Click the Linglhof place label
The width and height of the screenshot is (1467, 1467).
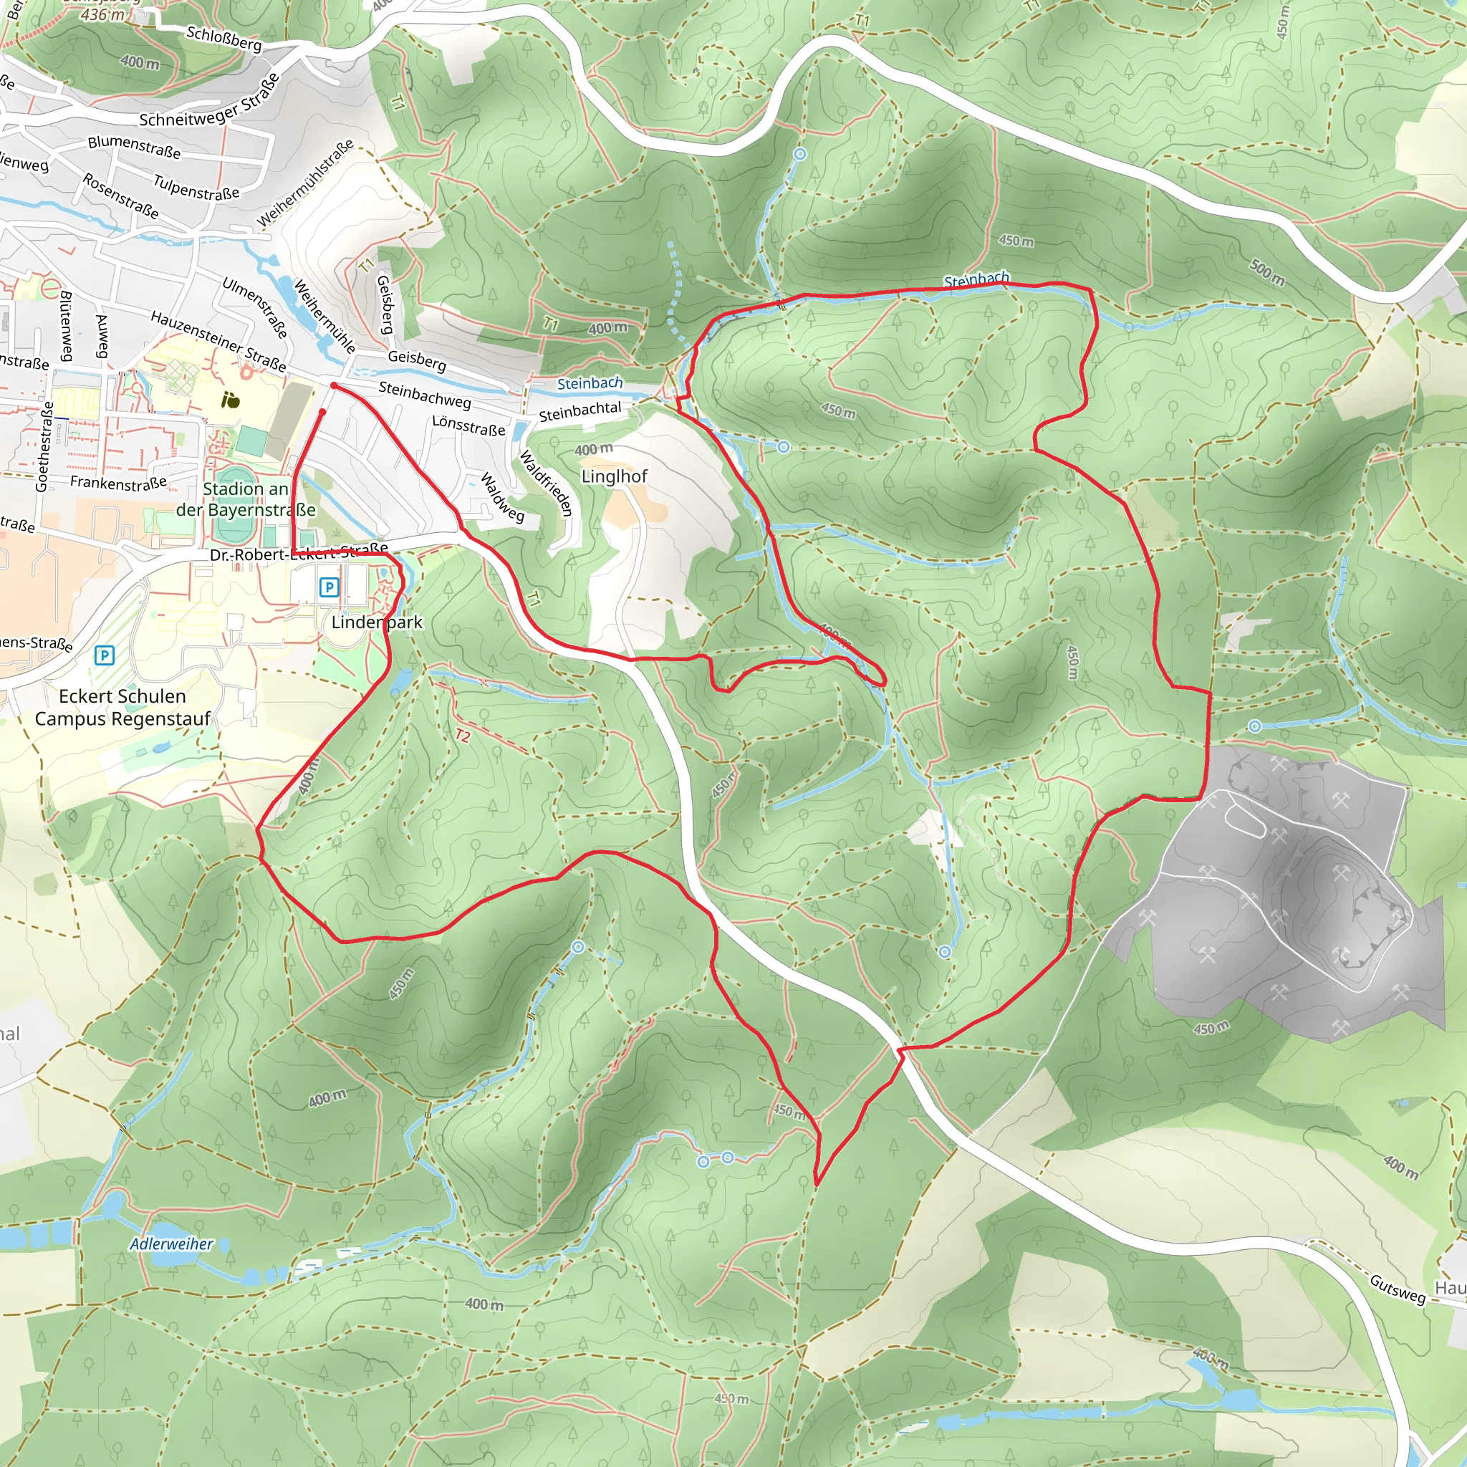pos(614,477)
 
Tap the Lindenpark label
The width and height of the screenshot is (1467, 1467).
pos(377,622)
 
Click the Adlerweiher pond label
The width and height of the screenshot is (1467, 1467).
pos(171,1244)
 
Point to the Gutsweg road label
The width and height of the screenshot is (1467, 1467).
pos(1397,1289)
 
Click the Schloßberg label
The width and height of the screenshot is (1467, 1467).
pos(224,38)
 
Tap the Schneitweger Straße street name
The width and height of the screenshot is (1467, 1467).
pos(210,102)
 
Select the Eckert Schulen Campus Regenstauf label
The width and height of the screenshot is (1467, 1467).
pos(122,707)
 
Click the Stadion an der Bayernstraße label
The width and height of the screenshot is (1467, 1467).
pos(245,499)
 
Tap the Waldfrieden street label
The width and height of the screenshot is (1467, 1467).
pos(544,483)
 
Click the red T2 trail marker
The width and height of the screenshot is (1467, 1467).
pos(463,736)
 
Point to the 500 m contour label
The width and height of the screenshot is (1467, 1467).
pos(1266,273)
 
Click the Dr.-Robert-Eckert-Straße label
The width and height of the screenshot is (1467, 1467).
pos(299,552)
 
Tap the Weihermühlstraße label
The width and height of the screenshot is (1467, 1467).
pos(305,183)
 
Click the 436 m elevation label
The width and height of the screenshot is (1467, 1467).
pos(102,14)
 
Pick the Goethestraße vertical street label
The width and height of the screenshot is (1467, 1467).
pos(46,446)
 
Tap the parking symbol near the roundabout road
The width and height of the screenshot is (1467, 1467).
pos(105,655)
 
